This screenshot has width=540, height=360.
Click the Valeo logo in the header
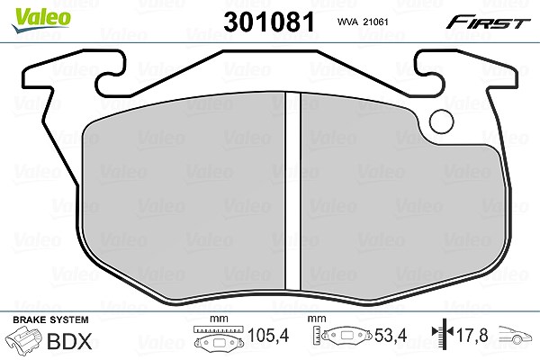coord(40,21)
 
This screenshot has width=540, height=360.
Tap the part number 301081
coord(269,22)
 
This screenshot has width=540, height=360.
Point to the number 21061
coord(375,22)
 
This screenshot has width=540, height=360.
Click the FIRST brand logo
coord(488,22)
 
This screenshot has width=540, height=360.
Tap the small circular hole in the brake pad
coord(442,121)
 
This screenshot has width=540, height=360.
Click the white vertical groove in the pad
coord(292,193)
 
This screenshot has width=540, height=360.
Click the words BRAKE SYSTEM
coord(50,319)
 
